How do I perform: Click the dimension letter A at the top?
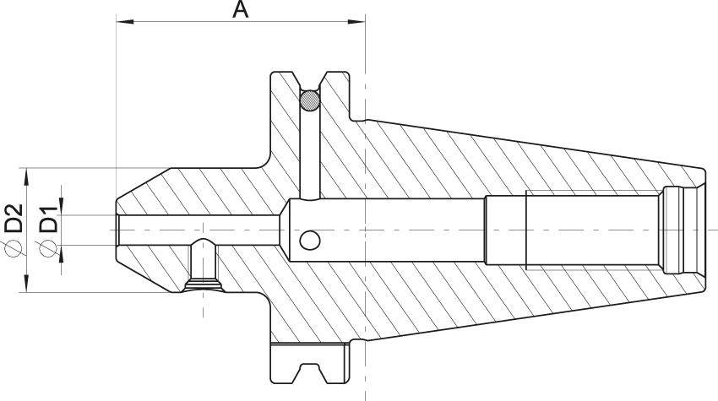pos(240,9)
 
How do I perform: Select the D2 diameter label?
pos(14,218)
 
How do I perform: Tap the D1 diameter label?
pos(48,219)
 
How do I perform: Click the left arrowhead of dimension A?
pos(125,21)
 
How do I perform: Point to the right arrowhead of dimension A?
pos(356,21)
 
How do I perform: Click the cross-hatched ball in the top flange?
pos(310,100)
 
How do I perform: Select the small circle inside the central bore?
pos(310,241)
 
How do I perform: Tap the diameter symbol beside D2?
pos(14,247)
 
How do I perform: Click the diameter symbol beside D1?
pos(48,248)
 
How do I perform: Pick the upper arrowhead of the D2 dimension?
pos(26,176)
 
